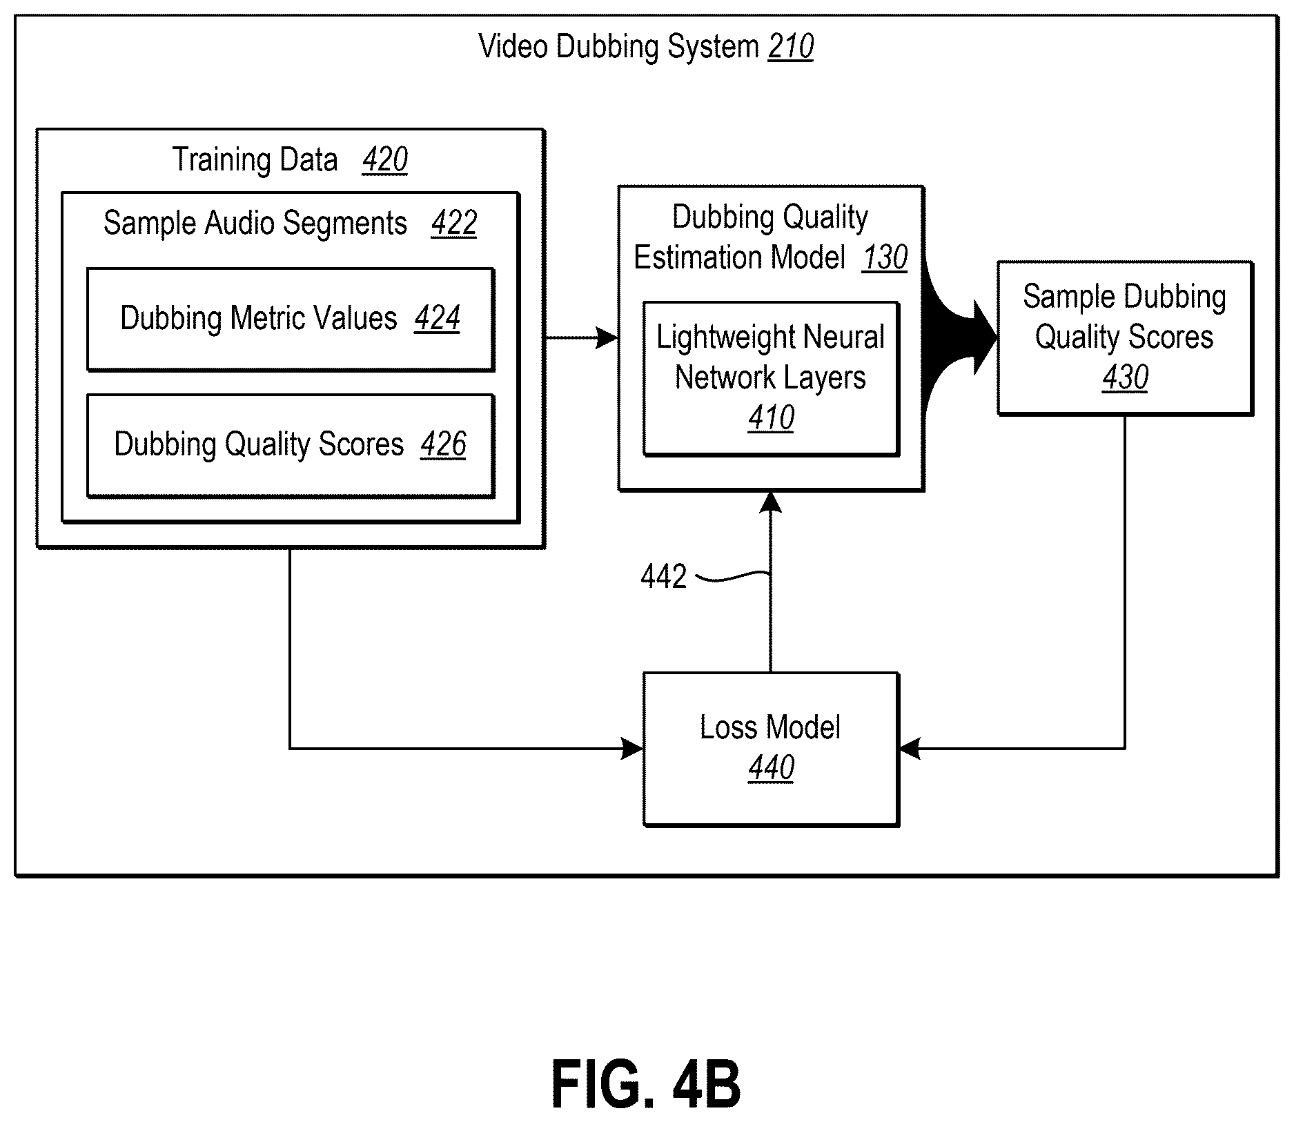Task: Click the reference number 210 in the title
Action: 791,47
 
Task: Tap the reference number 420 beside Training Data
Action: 384,159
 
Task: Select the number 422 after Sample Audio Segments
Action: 454,223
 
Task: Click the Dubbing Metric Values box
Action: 291,319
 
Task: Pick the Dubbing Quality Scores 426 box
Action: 291,446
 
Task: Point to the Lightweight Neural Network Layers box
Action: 771,379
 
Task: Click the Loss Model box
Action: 771,749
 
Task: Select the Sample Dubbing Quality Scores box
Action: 1125,338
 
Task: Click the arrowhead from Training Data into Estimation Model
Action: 607,338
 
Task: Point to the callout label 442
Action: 663,576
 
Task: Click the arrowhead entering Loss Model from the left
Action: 632,749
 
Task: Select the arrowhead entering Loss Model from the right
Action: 910,749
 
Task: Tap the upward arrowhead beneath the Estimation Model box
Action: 771,502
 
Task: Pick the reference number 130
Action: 885,257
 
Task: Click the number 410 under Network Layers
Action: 771,417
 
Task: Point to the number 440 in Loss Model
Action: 771,767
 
